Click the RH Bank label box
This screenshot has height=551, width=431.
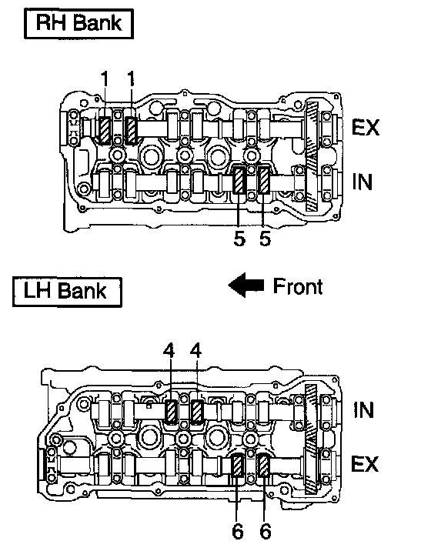[79, 24]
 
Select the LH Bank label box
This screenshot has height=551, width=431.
[67, 292]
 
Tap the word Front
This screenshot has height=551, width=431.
[297, 286]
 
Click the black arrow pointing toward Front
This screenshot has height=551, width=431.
[246, 285]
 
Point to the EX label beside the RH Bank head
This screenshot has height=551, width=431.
[366, 127]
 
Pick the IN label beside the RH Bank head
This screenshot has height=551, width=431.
[362, 182]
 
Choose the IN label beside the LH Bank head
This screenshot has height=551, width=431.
[363, 409]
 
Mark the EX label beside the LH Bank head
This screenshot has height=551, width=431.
[365, 464]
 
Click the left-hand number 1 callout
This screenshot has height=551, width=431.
[105, 78]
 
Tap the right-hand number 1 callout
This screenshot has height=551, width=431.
[131, 78]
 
